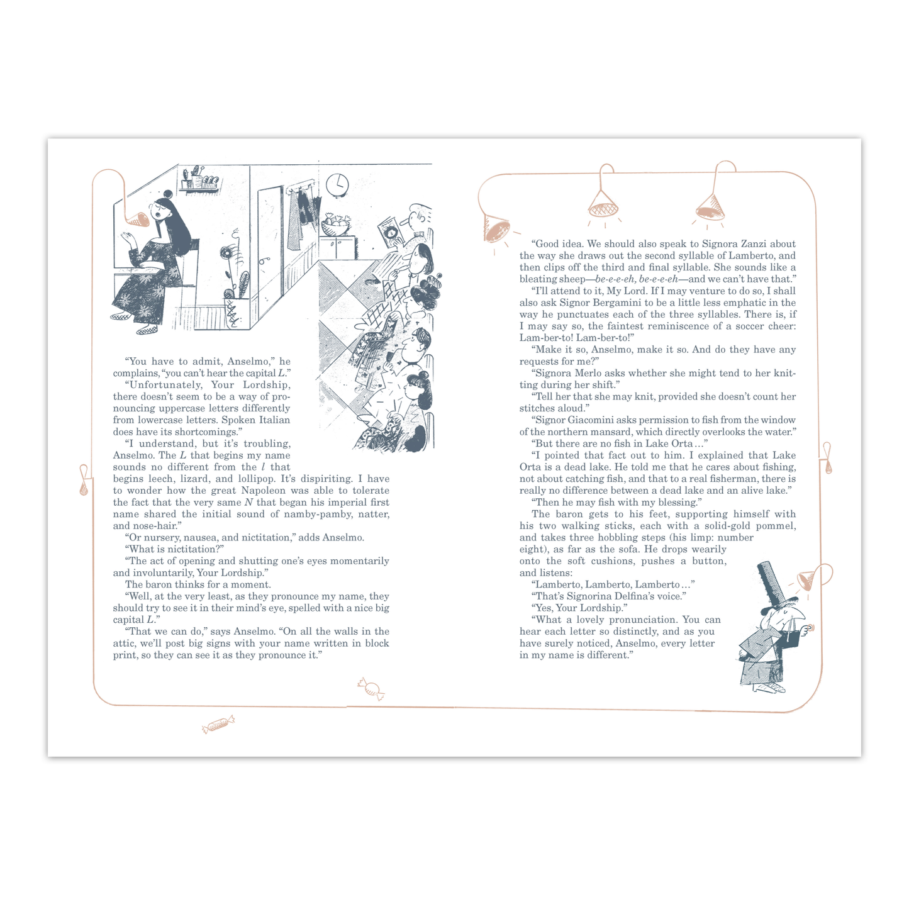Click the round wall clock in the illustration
[338, 184]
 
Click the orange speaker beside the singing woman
[138, 220]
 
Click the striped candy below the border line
[218, 723]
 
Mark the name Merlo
[586, 373]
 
